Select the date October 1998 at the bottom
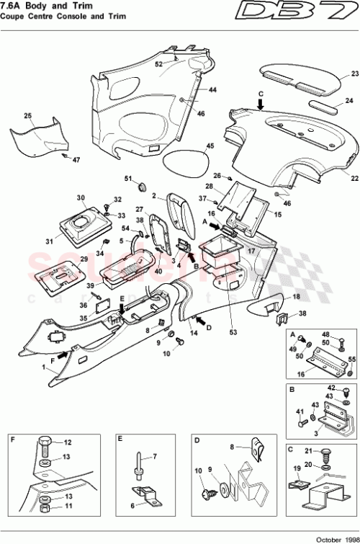click(x=333, y=538)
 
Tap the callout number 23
click(x=354, y=74)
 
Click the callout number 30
click(x=81, y=197)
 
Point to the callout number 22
click(x=354, y=177)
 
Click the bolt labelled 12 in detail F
click(x=44, y=444)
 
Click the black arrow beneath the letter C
click(x=261, y=105)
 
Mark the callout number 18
click(x=296, y=298)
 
